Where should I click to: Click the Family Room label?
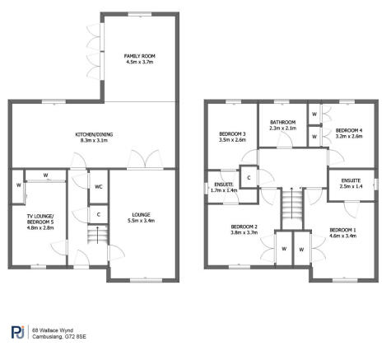pos(139,56)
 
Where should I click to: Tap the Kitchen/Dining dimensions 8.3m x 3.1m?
pos(94,140)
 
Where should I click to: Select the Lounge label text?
pos(141,214)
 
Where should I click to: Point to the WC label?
pos(99,187)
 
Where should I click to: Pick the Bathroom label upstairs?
pos(282,122)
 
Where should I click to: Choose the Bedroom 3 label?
pos(232,134)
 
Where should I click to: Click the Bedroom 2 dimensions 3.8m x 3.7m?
pos(244,232)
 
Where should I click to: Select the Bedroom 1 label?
pos(343,230)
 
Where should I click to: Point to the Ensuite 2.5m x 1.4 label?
pos(351,184)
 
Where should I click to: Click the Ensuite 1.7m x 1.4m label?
pos(224,187)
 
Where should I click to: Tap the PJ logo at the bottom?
pos(18,332)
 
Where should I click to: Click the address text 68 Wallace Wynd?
pos(53,330)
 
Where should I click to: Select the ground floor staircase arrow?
pos(97,235)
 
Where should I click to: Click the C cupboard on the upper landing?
pos(249,178)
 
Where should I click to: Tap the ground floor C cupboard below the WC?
pos(99,214)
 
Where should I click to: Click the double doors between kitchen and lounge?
pos(145,159)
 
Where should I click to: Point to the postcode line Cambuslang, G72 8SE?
pos(59,337)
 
